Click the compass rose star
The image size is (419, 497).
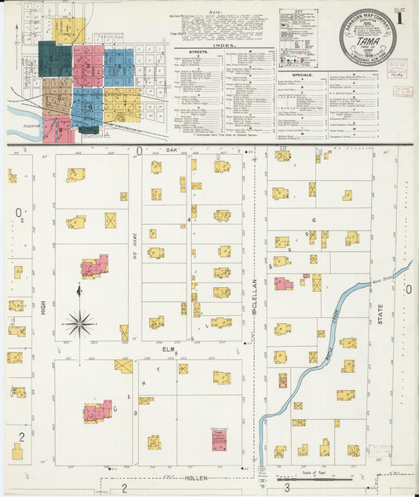(x=79, y=322)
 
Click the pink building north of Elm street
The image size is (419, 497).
(x=94, y=267)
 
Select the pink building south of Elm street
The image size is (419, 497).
(x=97, y=411)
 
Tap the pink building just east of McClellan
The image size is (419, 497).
(x=283, y=283)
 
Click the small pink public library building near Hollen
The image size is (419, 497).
(x=219, y=439)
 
